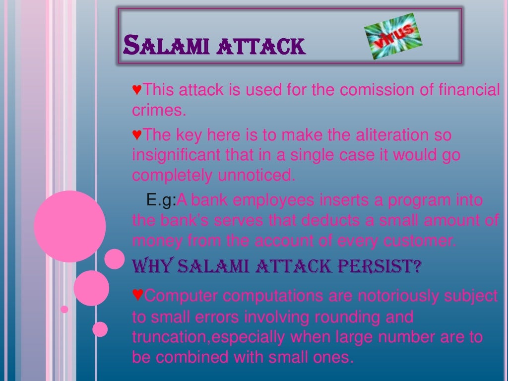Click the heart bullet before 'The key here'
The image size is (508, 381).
[x=137, y=134]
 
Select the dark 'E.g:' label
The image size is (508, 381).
[x=162, y=200]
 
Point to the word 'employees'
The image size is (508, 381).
[x=273, y=200]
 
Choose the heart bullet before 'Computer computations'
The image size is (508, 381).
[x=138, y=296]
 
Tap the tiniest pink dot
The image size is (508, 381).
[x=64, y=309]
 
